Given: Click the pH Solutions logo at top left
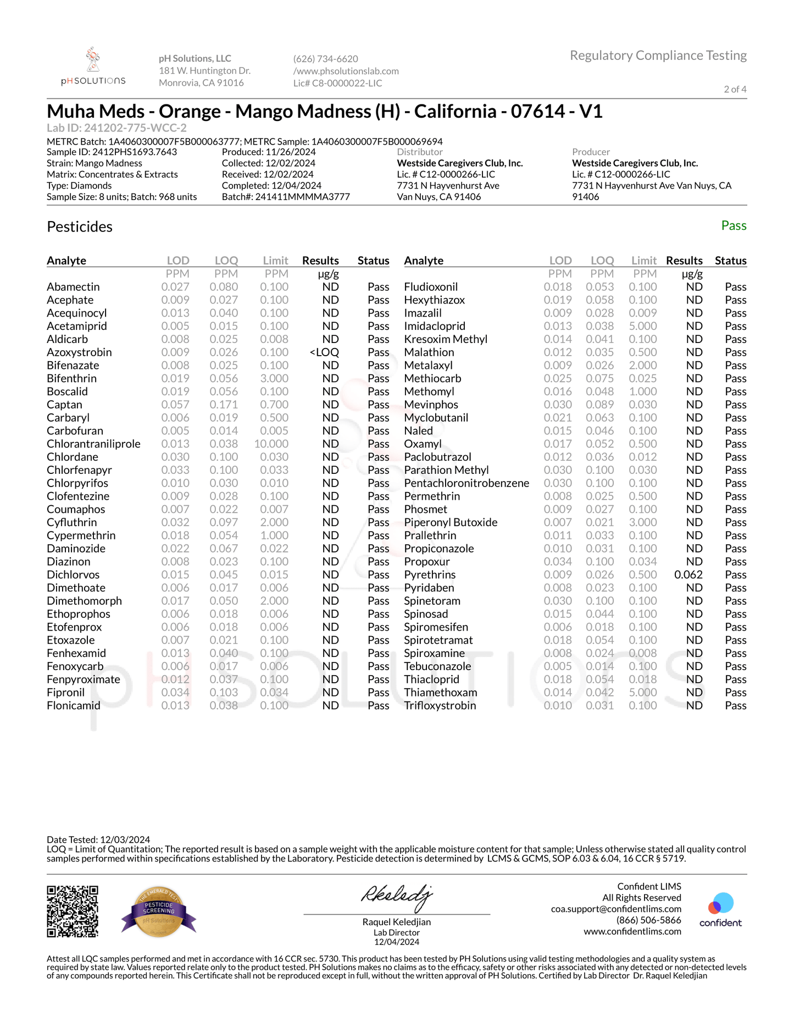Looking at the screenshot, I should point(93,67).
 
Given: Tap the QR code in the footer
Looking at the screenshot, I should point(73,911).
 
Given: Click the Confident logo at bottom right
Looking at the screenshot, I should point(720,910).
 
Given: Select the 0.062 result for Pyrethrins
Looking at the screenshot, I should point(688,574).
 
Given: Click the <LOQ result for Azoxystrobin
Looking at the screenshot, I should point(324,352).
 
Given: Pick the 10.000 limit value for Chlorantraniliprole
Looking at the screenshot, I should point(271,444).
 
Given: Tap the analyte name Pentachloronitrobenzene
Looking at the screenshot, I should point(467,483).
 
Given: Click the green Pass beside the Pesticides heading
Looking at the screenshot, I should point(734,226).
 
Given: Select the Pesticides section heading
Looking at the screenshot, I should point(80,226).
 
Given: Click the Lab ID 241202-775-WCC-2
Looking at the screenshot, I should point(116,128).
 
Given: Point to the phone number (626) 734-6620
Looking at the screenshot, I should point(325,59).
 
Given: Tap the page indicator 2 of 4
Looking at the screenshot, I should point(735,89).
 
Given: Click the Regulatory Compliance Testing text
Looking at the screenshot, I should point(658,56).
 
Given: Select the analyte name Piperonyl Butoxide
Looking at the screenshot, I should point(451,522).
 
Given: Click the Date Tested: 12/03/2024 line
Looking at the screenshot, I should point(98,839).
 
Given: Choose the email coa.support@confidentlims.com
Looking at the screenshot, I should point(616,909).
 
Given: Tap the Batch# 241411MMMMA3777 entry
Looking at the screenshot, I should point(286,197).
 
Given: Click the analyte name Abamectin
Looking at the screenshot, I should point(73,287).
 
